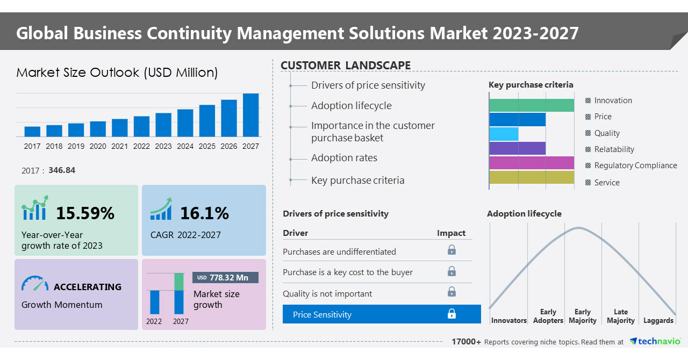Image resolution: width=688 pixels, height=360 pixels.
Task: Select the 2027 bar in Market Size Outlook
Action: coord(250,115)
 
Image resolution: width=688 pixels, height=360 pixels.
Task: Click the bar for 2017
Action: coord(32,131)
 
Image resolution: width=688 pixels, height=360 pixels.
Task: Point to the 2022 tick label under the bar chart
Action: coord(141,146)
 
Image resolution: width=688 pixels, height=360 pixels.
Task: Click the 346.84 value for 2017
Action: coord(62,170)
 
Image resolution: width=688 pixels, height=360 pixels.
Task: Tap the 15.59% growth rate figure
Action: coord(85,213)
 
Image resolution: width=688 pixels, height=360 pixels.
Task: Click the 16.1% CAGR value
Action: coord(204,213)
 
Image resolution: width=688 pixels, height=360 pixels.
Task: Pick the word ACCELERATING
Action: coord(88,287)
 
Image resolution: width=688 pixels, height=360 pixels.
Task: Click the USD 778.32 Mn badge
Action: coord(225,278)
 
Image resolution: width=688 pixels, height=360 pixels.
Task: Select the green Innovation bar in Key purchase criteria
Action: coord(531,105)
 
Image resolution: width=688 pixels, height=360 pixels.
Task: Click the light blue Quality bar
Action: coord(504,134)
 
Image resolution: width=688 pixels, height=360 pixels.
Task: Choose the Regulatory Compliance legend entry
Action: coord(635,165)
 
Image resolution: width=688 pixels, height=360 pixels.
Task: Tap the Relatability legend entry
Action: coord(614,149)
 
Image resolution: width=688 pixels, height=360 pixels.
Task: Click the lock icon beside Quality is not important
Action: coord(451,292)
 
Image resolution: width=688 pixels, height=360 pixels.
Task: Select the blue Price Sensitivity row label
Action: coord(322,315)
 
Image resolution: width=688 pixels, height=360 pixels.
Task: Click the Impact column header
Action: coord(451,233)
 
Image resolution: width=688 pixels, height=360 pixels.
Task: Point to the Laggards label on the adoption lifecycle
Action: coord(658,321)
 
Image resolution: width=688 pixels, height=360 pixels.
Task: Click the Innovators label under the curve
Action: coord(508,321)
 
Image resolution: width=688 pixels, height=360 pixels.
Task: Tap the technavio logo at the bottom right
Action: coord(655,342)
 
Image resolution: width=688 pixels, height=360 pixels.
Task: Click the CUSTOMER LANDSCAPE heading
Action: coord(346,66)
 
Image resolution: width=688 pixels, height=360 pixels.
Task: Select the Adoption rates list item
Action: coord(344,158)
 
